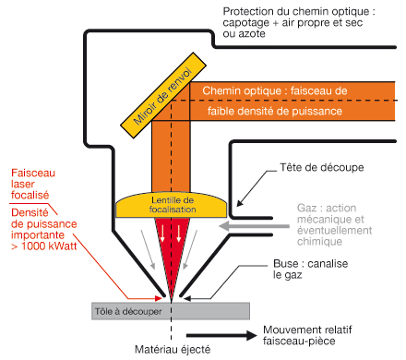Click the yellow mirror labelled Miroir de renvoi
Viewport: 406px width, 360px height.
pyautogui.click(x=163, y=95)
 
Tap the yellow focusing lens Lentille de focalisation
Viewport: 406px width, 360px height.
pyautogui.click(x=172, y=205)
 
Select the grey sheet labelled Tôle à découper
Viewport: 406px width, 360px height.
pyautogui.click(x=171, y=311)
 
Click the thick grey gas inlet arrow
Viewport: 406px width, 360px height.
pyautogui.click(x=254, y=226)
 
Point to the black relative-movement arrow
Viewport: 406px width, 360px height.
pyautogui.click(x=221, y=335)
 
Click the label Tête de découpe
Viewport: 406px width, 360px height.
pyautogui.click(x=322, y=167)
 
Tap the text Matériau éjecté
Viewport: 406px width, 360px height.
pyautogui.click(x=173, y=350)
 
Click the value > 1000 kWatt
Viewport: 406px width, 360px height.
pyautogui.click(x=43, y=246)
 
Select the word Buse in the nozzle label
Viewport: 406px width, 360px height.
pyautogui.click(x=286, y=264)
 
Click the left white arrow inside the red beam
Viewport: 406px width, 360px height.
pyautogui.click(x=162, y=234)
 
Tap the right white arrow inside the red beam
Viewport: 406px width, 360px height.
pyautogui.click(x=179, y=234)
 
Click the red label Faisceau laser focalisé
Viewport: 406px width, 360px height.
pyautogui.click(x=33, y=184)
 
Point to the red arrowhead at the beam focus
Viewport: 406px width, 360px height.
pyautogui.click(x=159, y=298)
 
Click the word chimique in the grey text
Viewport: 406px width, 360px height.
pyautogui.click(x=319, y=242)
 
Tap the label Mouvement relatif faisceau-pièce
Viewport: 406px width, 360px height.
pyautogui.click(x=307, y=335)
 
